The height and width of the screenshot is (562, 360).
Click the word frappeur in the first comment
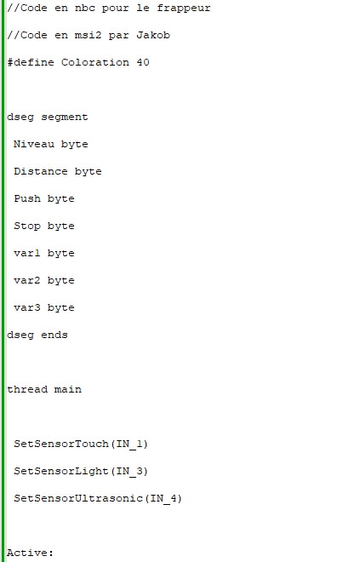point(184,9)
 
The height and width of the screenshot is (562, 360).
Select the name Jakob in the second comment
point(153,35)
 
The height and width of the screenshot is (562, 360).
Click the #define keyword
point(31,62)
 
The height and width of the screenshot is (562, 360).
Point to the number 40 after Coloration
point(143,62)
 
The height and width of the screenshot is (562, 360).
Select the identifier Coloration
point(95,62)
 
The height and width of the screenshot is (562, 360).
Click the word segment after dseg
point(65,118)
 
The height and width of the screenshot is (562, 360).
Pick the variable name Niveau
point(34,144)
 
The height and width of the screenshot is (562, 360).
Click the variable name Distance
point(41,171)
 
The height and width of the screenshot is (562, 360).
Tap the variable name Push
point(27,198)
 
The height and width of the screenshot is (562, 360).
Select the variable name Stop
point(27,227)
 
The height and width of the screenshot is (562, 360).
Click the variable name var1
point(27,253)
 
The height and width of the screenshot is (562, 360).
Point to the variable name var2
point(27,280)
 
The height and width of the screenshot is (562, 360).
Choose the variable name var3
point(27,307)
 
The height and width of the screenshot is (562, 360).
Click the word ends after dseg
point(54,335)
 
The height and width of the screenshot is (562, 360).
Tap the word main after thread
point(68,389)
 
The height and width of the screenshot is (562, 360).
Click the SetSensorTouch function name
point(61,444)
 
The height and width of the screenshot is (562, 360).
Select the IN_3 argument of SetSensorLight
point(129,471)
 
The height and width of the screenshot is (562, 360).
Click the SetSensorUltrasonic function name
point(78,498)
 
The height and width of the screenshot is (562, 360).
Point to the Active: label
point(30,553)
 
